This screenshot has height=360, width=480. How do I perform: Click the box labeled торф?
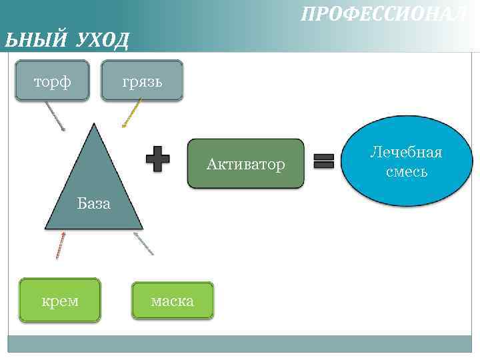[52, 81]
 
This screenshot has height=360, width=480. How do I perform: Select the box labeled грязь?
[142, 81]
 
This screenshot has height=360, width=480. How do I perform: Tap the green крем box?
[60, 300]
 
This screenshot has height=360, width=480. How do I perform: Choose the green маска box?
[173, 301]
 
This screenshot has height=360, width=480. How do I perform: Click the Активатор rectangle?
[245, 164]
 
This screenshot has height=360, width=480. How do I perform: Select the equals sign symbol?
[324, 161]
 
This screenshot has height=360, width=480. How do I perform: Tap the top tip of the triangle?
[94, 125]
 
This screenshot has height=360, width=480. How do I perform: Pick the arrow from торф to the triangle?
[55, 115]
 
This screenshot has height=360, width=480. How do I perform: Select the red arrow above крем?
[61, 245]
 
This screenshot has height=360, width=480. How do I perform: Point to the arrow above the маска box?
[144, 243]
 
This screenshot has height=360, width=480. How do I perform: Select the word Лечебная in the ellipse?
[406, 153]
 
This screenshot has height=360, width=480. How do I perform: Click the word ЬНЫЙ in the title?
[35, 41]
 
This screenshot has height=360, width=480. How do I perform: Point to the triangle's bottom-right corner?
[142, 229]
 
